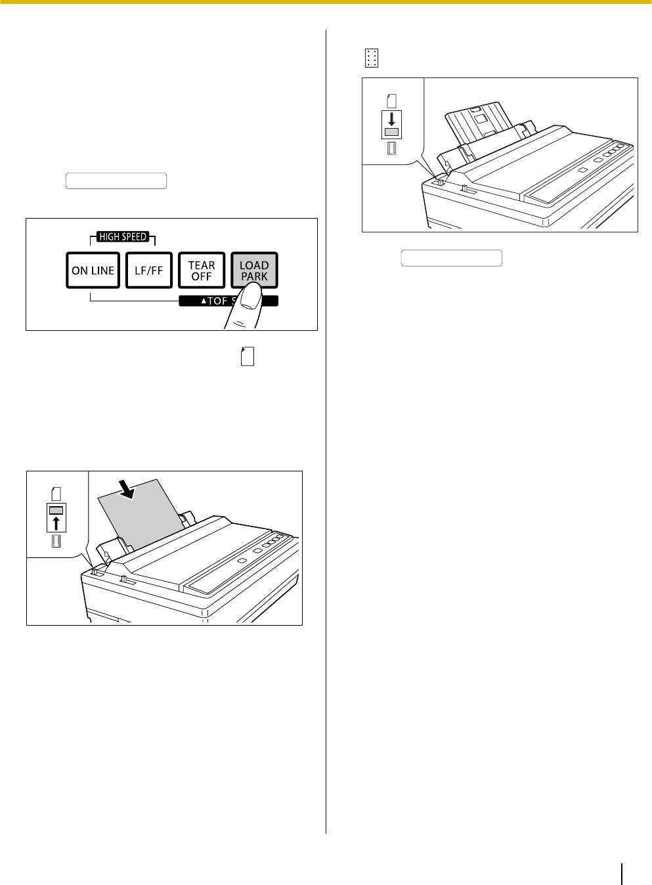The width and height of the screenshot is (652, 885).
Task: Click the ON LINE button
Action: [93, 270]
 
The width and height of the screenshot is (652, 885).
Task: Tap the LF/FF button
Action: [149, 270]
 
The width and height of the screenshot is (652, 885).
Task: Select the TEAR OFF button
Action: [202, 270]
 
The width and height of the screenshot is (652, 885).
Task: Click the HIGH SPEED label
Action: [123, 236]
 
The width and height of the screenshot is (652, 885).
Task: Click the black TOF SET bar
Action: [228, 301]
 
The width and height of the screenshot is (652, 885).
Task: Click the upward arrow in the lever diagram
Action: [56, 523]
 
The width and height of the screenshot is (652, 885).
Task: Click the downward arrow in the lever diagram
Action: [391, 119]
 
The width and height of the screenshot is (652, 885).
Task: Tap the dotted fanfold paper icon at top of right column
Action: [372, 58]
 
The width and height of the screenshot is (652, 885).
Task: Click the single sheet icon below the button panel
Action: [248, 356]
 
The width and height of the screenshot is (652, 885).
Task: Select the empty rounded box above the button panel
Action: [116, 181]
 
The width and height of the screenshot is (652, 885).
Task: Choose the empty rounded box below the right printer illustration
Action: [452, 258]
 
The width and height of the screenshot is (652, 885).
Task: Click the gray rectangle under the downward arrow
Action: [391, 132]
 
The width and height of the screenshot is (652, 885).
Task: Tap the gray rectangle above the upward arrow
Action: [56, 511]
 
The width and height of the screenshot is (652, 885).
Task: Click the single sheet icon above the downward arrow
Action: [391, 101]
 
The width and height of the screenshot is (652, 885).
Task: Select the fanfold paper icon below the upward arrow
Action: [56, 541]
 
